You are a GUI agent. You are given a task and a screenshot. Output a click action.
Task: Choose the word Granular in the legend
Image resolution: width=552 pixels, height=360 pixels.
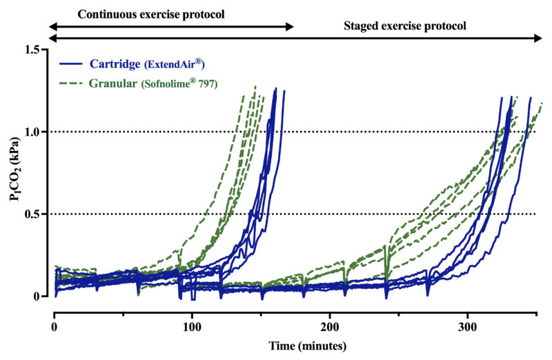coord(112,83)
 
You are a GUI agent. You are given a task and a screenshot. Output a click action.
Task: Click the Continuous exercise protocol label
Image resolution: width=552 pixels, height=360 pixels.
coord(151,14)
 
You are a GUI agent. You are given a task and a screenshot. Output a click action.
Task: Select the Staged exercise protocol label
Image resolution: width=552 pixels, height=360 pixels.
coord(405,27)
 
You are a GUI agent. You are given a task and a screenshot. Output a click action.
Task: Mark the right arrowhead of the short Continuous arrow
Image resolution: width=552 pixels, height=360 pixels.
coord(292,27)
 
